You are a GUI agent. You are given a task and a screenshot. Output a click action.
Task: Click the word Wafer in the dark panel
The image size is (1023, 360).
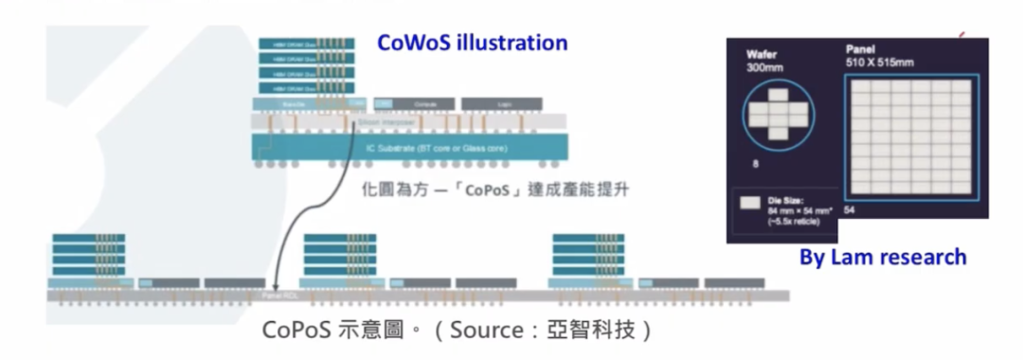tap(761, 55)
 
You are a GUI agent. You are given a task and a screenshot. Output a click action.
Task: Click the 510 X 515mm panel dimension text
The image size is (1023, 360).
tap(879, 63)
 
